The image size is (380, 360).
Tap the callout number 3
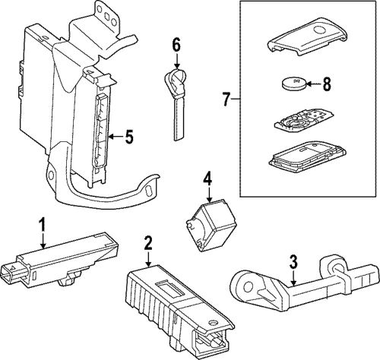tap(293, 264)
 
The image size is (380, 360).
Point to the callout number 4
tap(207, 179)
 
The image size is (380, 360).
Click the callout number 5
tap(129, 137)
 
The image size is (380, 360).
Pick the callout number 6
tap(176, 45)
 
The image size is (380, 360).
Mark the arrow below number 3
tap(293, 279)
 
